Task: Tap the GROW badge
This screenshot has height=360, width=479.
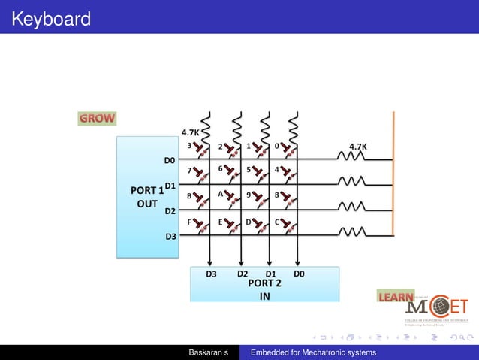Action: click(97, 118)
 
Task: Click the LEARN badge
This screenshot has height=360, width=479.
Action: click(395, 298)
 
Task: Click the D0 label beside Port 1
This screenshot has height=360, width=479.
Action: click(169, 160)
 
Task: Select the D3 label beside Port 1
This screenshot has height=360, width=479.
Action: click(170, 236)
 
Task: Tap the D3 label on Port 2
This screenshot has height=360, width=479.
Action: click(212, 274)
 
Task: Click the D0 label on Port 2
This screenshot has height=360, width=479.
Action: click(299, 274)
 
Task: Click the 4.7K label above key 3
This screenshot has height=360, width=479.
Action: click(190, 132)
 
